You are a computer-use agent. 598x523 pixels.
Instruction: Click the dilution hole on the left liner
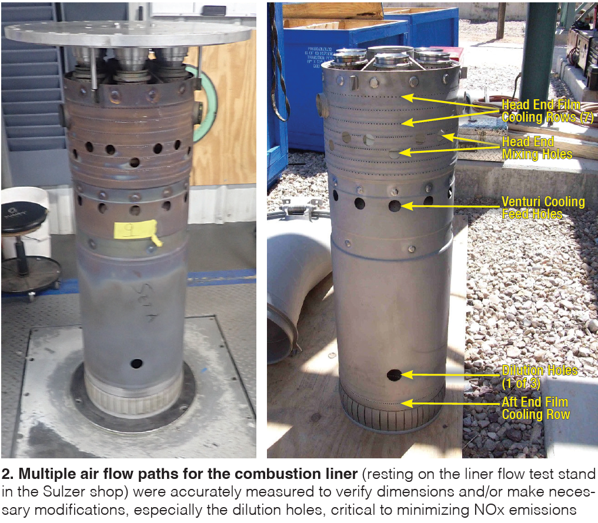click(x=136, y=363)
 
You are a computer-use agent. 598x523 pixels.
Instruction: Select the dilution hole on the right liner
click(x=394, y=375)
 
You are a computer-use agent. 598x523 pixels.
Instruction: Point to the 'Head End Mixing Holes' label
click(x=537, y=148)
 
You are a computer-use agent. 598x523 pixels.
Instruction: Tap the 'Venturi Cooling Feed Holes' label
click(x=543, y=208)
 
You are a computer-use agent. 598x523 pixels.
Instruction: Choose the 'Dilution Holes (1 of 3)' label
click(x=539, y=377)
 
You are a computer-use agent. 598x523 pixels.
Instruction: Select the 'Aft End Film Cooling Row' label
click(x=536, y=408)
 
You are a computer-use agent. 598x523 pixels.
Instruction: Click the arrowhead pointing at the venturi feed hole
click(x=406, y=206)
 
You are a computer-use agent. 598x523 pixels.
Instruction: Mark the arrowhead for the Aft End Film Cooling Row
click(x=406, y=403)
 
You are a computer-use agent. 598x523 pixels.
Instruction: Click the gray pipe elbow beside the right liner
click(x=293, y=290)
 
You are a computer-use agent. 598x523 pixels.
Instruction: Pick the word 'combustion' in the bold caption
click(x=269, y=474)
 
